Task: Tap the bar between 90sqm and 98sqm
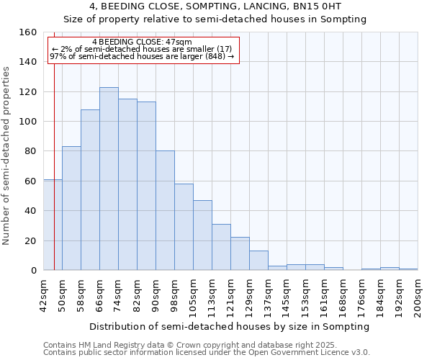[x=165, y=210]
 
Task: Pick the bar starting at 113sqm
[x=221, y=247]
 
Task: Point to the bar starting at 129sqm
[x=258, y=261]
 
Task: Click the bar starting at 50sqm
[x=71, y=208]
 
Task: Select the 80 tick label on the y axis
[x=30, y=151]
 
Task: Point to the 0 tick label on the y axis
[x=32, y=271]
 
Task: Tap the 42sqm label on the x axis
[x=44, y=294]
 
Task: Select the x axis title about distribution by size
[x=231, y=326]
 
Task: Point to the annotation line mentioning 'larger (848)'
[x=142, y=56]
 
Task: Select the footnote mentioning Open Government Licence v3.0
[x=207, y=353]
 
